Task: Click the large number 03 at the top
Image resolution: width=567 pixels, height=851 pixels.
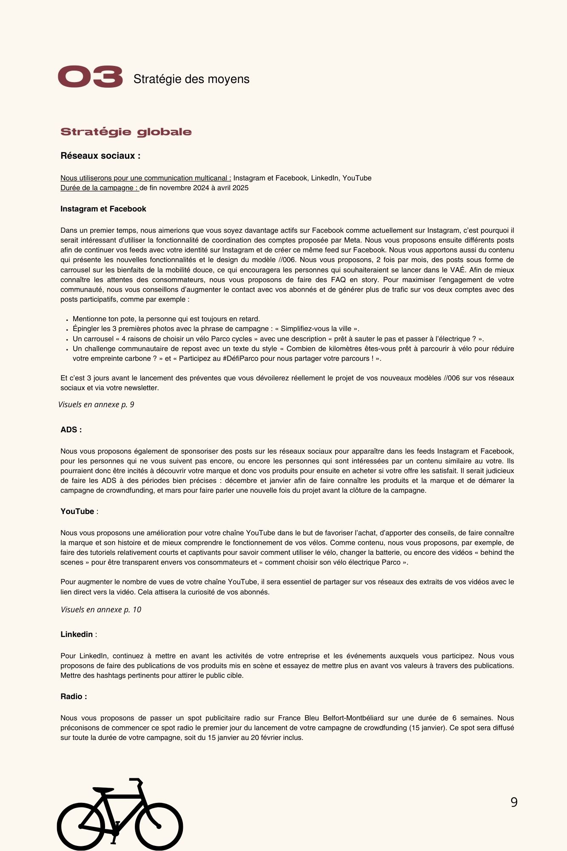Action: (90, 77)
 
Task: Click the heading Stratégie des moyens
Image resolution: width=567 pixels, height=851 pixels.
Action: (191, 79)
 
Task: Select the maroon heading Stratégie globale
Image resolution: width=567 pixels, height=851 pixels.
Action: (126, 132)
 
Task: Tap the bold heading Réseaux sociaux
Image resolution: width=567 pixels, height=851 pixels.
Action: (100, 156)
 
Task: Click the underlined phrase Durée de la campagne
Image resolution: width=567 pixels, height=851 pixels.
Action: (100, 188)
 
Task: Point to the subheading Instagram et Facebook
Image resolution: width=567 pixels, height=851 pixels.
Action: (103, 209)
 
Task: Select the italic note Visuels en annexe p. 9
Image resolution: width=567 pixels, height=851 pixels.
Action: (96, 405)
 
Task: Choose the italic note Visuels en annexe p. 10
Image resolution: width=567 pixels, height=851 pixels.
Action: (101, 610)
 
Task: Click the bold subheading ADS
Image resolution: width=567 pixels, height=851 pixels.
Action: (71, 430)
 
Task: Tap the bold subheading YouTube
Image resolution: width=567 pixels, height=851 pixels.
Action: (77, 511)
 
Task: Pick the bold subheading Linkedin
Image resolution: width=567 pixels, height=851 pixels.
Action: (77, 634)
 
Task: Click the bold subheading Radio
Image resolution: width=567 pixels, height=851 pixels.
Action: (73, 697)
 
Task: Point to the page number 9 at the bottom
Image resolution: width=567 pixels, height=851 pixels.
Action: (514, 802)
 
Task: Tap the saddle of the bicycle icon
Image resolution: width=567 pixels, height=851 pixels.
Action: (103, 790)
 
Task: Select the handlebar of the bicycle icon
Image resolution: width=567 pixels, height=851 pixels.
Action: (136, 781)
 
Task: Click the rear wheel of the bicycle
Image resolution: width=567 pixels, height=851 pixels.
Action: (81, 826)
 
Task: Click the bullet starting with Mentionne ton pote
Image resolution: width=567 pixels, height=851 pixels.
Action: (166, 319)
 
